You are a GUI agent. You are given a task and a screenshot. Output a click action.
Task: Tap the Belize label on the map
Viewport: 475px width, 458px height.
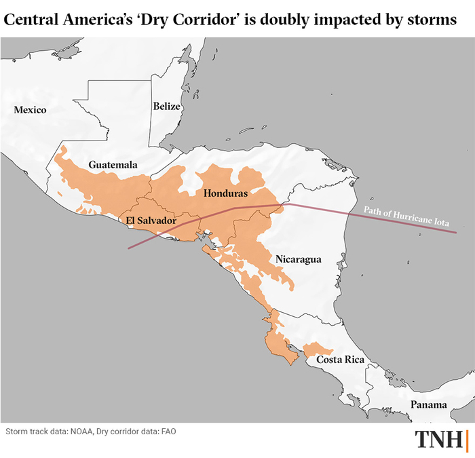coord(166,106)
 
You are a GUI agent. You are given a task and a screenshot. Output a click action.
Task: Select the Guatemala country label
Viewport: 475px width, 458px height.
coord(113,165)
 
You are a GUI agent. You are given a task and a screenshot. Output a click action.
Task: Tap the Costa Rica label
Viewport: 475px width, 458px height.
coord(341,360)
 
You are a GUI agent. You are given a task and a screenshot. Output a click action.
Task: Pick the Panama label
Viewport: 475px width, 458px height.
coord(428,405)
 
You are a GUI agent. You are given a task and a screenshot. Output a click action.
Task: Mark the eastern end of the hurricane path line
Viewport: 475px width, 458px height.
coord(455,233)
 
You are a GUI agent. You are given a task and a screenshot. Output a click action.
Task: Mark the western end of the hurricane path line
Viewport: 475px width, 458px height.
coord(128,249)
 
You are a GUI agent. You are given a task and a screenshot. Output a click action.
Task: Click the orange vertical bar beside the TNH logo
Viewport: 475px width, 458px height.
coord(468,439)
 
